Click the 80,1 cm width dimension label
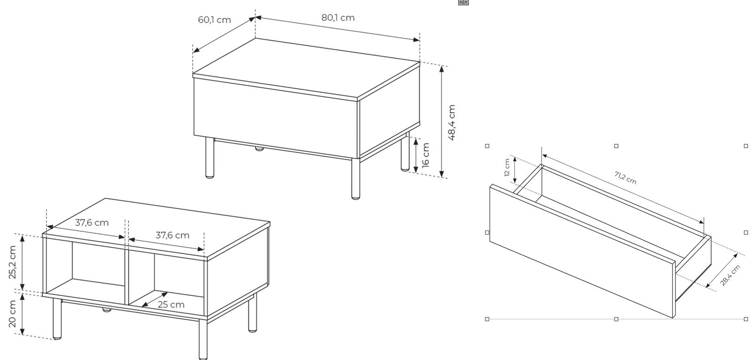pyautogui.click(x=338, y=17)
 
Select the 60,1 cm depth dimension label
pyautogui.click(x=214, y=20)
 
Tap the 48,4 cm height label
pyautogui.click(x=452, y=123)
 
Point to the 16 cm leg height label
pyautogui.click(x=425, y=155)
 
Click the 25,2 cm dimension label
pyautogui.click(x=12, y=262)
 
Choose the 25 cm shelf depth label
pyautogui.click(x=171, y=305)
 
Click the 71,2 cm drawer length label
pyautogui.click(x=625, y=178)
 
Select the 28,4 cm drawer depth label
pyautogui.click(x=730, y=275)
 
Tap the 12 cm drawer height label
pyautogui.click(x=507, y=167)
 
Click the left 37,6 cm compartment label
pyautogui.click(x=92, y=222)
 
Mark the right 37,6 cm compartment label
pyautogui.click(x=172, y=235)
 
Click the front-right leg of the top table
pyautogui.click(x=355, y=178)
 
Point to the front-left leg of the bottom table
pyautogui.click(x=57, y=318)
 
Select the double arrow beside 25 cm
pyautogui.click(x=154, y=299)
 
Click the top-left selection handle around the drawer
pyautogui.click(x=487, y=146)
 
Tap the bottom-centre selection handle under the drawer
pyautogui.click(x=616, y=319)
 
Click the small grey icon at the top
pyautogui.click(x=463, y=2)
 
